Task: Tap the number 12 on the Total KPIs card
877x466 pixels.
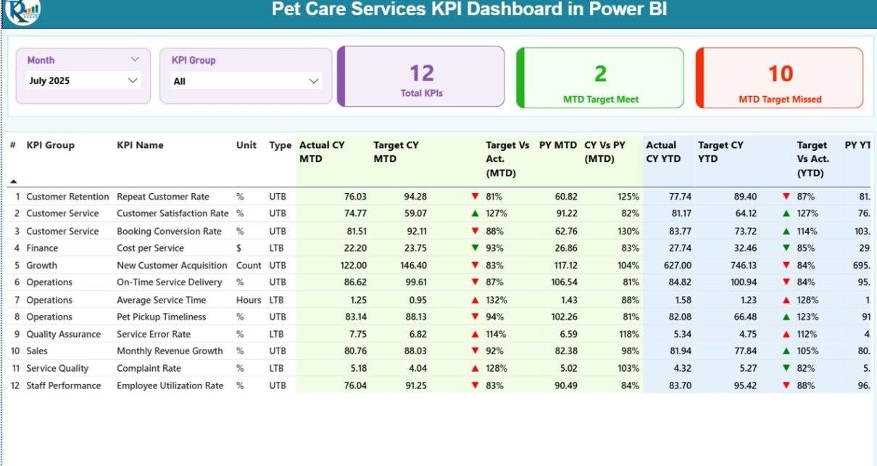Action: [x=421, y=73]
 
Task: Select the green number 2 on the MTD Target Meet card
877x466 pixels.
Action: [x=600, y=73]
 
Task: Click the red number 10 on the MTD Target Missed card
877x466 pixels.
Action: [x=781, y=73]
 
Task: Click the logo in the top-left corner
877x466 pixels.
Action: [x=22, y=11]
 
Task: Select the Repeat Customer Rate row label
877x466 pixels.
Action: [x=163, y=197]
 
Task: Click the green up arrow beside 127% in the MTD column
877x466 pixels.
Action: [x=475, y=214]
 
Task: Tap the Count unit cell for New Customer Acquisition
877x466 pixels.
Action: [x=249, y=266]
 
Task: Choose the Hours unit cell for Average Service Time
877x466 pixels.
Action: [x=249, y=301]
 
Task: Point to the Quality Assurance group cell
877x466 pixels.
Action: [x=64, y=335]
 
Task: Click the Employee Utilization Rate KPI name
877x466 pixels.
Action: [x=170, y=386]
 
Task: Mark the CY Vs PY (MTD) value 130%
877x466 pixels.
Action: [x=628, y=232]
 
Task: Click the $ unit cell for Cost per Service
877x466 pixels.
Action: [x=238, y=248]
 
